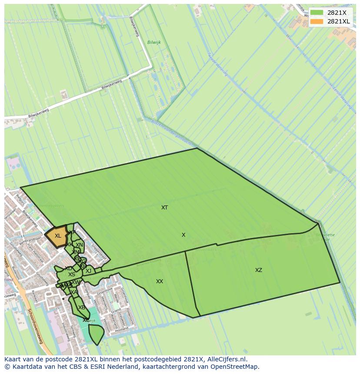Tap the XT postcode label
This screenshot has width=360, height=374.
(x=164, y=208)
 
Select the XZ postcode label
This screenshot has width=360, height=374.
(x=259, y=270)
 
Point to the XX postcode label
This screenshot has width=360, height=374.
(x=160, y=281)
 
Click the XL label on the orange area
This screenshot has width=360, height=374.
(x=58, y=236)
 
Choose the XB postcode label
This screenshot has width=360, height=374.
(x=81, y=308)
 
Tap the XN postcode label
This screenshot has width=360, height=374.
(x=79, y=245)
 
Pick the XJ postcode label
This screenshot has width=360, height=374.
(x=88, y=271)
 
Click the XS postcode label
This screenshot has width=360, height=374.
(x=71, y=275)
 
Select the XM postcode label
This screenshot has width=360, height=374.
(x=76, y=252)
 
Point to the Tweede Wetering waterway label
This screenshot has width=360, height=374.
(x=217, y=65)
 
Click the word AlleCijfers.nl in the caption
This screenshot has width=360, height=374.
(x=227, y=360)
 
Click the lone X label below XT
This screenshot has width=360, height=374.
(x=183, y=235)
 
